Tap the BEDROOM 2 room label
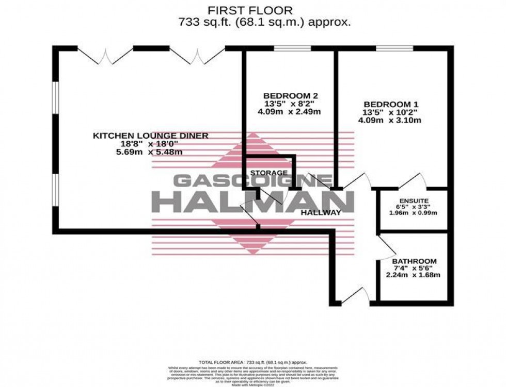tap(290, 96)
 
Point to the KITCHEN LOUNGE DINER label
tap(150, 136)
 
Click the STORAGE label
tap(269, 173)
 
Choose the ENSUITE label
tap(413, 200)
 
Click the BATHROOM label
tap(414, 261)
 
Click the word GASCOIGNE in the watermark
tap(252, 181)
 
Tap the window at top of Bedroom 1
tap(394, 49)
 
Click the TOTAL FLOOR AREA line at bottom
tap(252, 363)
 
